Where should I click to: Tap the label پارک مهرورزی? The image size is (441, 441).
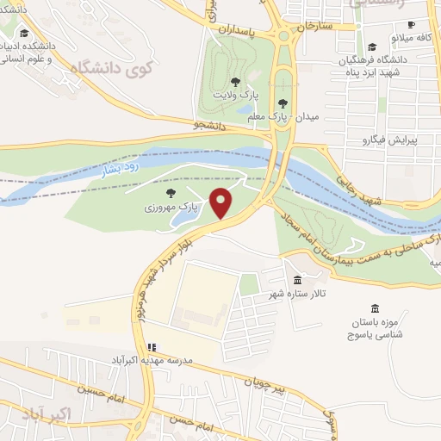(x=171, y=208)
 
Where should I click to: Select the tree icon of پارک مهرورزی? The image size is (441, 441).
(x=168, y=193)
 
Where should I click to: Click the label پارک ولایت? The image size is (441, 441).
(x=236, y=94)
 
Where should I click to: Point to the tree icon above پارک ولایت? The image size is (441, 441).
(x=235, y=81)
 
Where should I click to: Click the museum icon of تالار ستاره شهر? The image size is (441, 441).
(x=297, y=281)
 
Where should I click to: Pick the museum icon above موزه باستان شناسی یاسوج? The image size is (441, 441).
(x=374, y=308)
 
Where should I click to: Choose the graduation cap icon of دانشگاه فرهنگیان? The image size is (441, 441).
(x=371, y=47)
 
